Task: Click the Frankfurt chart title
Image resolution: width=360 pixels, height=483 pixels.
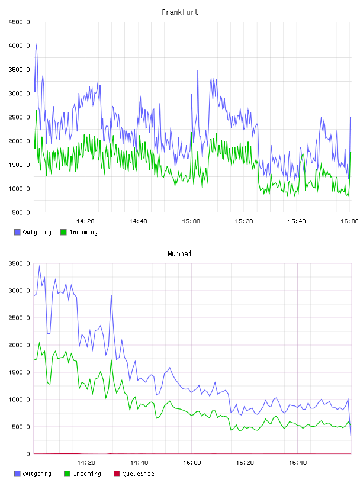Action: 180,12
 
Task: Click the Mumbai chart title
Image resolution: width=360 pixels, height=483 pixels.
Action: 179,254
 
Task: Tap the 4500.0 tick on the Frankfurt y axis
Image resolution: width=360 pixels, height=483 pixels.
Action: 19,22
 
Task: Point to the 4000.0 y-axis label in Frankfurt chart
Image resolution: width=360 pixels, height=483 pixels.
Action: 19,46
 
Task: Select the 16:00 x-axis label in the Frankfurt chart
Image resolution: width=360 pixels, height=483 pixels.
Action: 349,221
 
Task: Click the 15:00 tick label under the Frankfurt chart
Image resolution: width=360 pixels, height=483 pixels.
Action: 191,221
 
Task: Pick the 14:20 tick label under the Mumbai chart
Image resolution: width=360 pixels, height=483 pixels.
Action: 86,463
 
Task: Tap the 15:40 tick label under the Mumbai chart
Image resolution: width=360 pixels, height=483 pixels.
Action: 298,463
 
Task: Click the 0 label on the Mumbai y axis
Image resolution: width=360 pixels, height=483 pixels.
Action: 28,454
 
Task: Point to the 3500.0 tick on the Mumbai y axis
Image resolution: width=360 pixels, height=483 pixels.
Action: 19,263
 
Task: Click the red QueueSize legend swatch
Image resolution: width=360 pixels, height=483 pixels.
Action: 117,474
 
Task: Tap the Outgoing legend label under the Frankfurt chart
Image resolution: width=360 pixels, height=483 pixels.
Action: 37,232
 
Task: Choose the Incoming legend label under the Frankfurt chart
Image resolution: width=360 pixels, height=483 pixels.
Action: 83,232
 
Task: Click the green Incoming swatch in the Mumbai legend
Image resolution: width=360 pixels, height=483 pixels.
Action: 67,474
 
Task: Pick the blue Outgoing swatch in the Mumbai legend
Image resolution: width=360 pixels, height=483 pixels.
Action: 17,474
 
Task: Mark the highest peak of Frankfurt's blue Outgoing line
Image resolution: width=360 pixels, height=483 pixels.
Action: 37,43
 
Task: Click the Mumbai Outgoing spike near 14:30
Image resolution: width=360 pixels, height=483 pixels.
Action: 111,295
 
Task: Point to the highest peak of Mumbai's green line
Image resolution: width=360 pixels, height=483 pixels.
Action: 39,342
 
